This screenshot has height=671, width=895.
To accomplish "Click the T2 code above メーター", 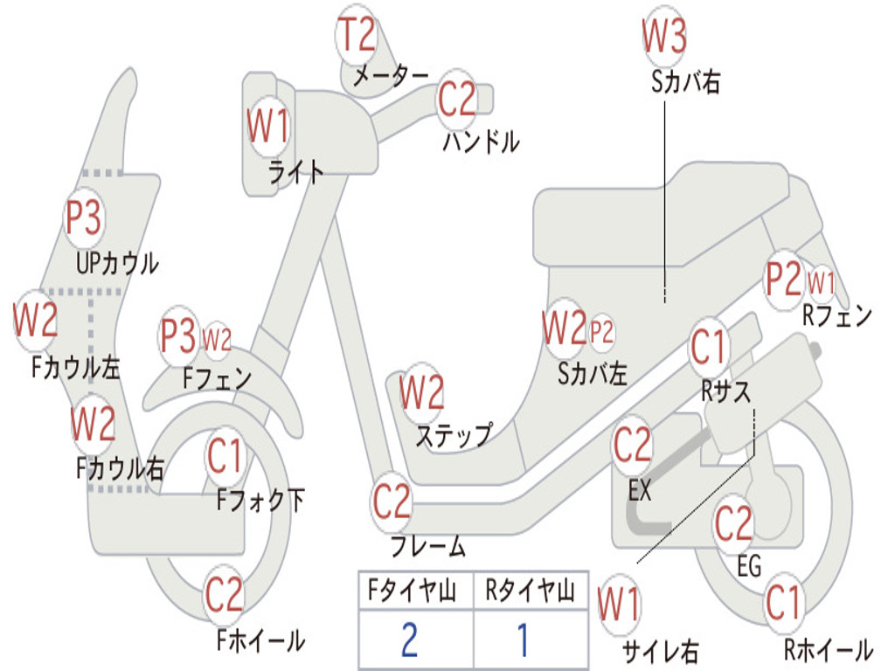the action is coord(357,36).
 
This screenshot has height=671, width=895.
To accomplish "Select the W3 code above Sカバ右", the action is coord(664,36).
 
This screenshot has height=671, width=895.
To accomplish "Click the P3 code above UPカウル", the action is coord(84,218).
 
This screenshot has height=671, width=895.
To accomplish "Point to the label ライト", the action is coord(295,172).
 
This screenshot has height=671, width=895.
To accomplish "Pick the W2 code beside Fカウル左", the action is coord(35,320).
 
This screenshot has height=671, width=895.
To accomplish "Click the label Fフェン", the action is coord(218,378).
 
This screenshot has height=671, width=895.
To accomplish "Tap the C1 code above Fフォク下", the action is coord(226,455).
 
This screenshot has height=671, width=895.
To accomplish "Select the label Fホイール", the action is coord(260,640).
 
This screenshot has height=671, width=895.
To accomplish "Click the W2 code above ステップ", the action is coord(421,393).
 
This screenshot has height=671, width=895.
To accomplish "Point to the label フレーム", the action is coord(427,548).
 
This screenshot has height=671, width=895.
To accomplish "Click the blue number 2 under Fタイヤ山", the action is coord(409,640).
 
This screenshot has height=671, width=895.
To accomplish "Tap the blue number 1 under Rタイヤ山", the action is coord(523,640).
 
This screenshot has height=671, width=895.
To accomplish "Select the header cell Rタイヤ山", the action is coord(530,591).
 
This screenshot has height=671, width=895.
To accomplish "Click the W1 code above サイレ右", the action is coord(619,605).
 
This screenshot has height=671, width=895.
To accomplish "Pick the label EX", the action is coord(640,490).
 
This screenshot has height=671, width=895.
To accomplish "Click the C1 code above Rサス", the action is coord(709,348).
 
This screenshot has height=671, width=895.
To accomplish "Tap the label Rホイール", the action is coord(827,649).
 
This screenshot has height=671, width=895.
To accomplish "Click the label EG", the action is coord(749,566).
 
